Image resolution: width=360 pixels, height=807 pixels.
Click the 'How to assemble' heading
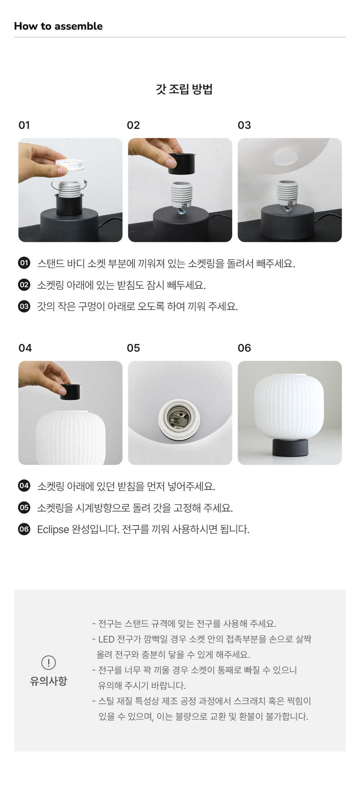58,26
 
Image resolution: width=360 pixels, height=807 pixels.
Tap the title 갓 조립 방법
184,89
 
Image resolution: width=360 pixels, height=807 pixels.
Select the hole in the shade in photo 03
286,158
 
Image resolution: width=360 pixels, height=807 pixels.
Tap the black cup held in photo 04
70,392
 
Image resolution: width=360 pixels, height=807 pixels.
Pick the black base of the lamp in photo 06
290,447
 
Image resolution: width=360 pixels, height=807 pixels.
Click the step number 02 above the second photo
133,125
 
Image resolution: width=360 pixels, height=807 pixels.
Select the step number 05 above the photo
133,348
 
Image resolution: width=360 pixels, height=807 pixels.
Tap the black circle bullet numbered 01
24,263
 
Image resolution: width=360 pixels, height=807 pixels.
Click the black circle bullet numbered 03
24,306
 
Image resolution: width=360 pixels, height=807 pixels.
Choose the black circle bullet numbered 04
24,486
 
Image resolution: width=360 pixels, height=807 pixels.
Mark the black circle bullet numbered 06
24,529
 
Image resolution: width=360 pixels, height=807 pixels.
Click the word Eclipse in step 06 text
53,529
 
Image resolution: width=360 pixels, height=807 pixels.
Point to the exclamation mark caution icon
49,662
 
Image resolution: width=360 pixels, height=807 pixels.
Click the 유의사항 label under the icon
49,681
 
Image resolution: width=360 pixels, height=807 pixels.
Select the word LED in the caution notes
106,639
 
